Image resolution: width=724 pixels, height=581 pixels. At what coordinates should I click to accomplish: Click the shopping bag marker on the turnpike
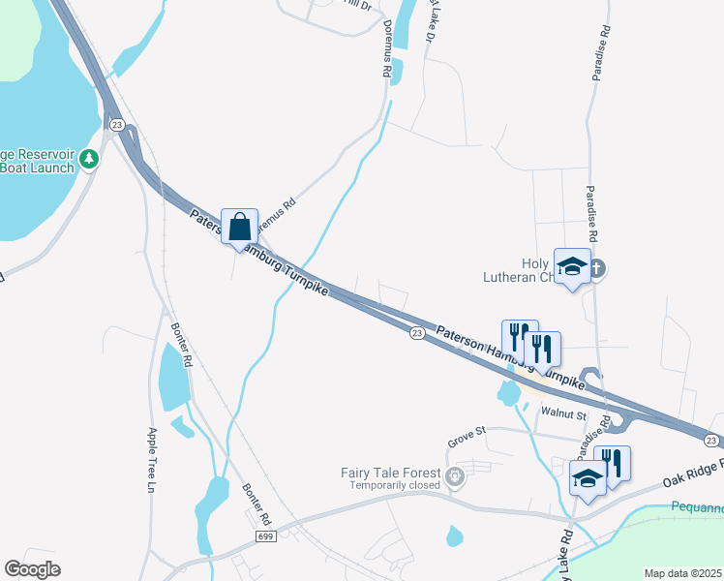pos(240,228)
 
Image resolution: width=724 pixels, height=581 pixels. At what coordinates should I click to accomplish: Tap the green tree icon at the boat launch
pos(90,158)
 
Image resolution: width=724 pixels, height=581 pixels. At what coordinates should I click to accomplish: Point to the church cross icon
pos(597,269)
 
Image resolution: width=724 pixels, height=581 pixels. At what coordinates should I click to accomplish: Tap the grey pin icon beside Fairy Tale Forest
pos(454,475)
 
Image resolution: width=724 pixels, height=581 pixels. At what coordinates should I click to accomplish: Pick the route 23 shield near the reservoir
pos(116,124)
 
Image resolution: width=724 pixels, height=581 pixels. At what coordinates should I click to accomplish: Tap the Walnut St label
pos(563,414)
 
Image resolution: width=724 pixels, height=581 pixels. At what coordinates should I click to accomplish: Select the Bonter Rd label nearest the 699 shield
pos(256,504)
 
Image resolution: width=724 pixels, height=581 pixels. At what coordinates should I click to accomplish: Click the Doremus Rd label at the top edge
pos(387,48)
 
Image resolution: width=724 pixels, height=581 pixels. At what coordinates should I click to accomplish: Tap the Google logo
pos(32,568)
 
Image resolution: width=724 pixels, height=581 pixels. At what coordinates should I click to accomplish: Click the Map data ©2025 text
pos(681,573)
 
